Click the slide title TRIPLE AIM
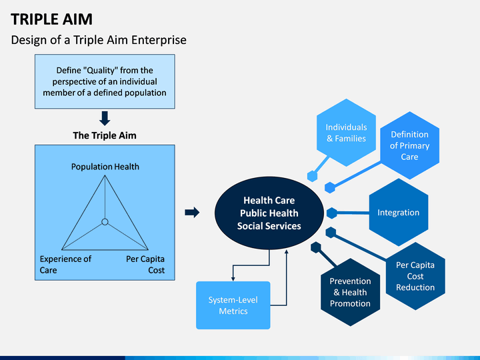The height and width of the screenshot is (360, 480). pyautogui.click(x=51, y=19)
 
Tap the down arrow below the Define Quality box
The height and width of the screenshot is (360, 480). pyautogui.click(x=105, y=118)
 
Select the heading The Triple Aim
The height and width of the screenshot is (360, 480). pyautogui.click(x=105, y=135)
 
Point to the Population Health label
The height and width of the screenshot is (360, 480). pyautogui.click(x=105, y=167)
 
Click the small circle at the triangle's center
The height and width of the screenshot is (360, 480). pyautogui.click(x=105, y=222)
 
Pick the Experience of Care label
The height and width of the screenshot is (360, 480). pyautogui.click(x=65, y=265)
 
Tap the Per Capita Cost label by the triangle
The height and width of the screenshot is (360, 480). pyautogui.click(x=145, y=265)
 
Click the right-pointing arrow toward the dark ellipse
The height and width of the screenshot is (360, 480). pyautogui.click(x=192, y=212)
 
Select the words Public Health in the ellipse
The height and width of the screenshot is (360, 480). pyautogui.click(x=269, y=213)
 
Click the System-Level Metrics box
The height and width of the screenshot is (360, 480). pyautogui.click(x=233, y=305)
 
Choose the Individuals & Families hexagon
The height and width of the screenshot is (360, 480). pyautogui.click(x=346, y=133)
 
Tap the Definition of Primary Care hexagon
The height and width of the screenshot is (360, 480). pyautogui.click(x=409, y=145)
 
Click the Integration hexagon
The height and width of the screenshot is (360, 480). pyautogui.click(x=399, y=213)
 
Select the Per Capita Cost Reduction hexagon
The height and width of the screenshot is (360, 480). pyautogui.click(x=415, y=276)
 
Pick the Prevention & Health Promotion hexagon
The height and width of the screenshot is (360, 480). pyautogui.click(x=350, y=293)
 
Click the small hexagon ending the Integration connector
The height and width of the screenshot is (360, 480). pyautogui.click(x=332, y=213)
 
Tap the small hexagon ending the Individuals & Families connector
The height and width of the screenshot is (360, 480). pyautogui.click(x=312, y=176)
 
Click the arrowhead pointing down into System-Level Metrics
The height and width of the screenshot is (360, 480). pyautogui.click(x=233, y=279)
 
